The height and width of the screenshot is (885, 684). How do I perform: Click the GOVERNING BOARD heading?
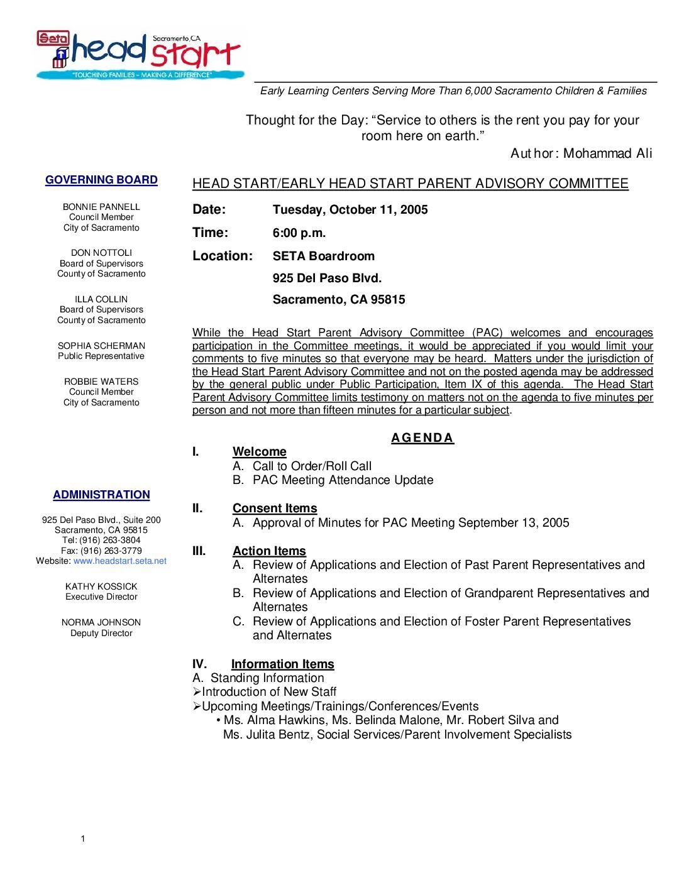[101, 180]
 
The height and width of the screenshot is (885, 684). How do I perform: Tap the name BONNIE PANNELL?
[101, 207]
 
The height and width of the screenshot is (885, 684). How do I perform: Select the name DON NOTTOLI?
[101, 253]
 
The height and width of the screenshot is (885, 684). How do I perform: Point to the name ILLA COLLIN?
[101, 299]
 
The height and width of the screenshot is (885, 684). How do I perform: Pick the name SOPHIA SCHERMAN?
[101, 346]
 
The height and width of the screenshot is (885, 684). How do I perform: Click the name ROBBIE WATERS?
[101, 382]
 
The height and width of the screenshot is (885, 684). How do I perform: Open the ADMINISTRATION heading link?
[101, 495]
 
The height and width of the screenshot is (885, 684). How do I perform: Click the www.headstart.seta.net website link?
[120, 561]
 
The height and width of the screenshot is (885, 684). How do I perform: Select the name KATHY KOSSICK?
[101, 586]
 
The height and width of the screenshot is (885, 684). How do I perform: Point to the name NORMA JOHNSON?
[101, 622]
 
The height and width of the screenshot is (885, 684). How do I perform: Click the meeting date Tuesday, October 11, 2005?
[350, 209]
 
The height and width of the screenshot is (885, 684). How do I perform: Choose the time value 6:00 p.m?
[299, 233]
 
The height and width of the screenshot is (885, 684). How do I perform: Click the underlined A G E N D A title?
[422, 438]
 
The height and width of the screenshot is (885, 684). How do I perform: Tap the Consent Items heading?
[275, 508]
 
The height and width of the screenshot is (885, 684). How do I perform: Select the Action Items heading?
[269, 551]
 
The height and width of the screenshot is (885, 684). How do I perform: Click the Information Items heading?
[283, 664]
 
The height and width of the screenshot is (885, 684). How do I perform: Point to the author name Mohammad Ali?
[607, 153]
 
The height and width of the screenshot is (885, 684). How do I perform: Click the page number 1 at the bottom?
[82, 838]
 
